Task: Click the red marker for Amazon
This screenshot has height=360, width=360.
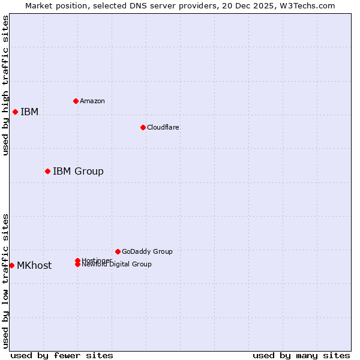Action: click(76, 101)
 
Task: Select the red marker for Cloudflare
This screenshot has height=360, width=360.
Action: click(143, 127)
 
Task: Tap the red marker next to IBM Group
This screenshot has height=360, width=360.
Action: click(47, 171)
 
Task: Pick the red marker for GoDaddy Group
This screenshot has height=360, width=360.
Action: click(118, 251)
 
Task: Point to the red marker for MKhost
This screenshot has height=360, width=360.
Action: click(11, 265)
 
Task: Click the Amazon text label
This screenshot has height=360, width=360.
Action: click(92, 101)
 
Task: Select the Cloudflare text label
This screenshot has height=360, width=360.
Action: click(163, 127)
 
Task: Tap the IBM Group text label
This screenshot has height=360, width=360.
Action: click(78, 172)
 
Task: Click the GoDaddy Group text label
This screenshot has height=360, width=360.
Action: click(147, 251)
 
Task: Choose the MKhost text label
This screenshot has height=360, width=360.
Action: click(34, 266)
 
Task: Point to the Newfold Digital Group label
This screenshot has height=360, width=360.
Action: click(117, 265)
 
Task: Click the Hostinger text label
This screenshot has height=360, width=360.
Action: click(97, 260)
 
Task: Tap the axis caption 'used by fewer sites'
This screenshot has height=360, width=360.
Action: click(62, 355)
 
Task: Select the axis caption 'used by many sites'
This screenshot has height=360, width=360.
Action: click(301, 355)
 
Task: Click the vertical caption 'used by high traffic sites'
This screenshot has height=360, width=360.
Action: click(5, 85)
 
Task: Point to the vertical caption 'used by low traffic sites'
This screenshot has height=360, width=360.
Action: click(5, 280)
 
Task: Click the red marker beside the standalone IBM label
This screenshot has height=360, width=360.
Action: click(15, 112)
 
